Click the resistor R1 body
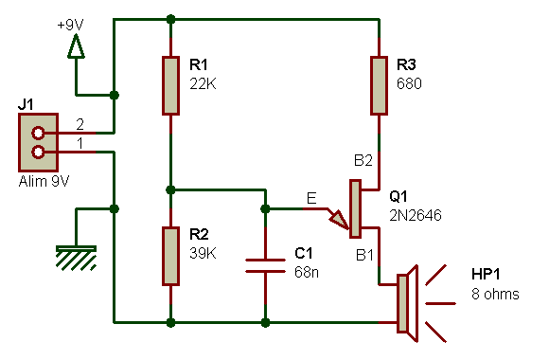pos(170,85)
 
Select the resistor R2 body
pos(170,256)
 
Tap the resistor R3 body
pos(379,85)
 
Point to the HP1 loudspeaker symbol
pos(405,303)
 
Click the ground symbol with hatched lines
pos(77,256)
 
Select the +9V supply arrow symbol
pos(77,45)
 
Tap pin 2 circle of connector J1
pos(39,134)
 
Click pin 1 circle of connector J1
pos(39,151)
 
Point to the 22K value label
pos(204,82)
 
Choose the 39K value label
pos(204,253)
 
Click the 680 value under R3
pos(410,82)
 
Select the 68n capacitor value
pos(307,272)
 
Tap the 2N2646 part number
pos(415,215)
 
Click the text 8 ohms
pos(495,294)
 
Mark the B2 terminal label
pos(364,161)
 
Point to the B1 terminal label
pos(364,255)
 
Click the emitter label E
pos(311,198)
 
